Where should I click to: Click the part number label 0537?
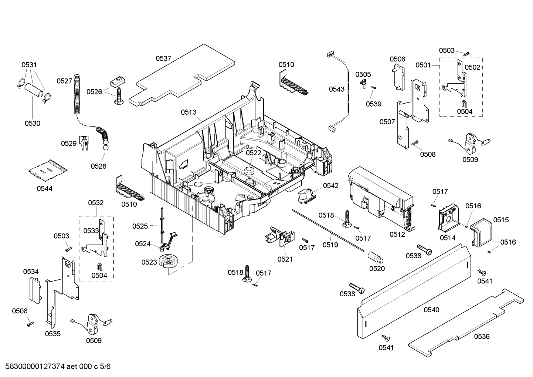[x=163, y=58]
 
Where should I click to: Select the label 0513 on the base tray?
[x=189, y=112]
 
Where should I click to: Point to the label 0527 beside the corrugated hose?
[x=64, y=81]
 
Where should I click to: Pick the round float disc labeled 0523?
[x=168, y=260]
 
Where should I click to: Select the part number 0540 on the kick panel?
[x=431, y=310]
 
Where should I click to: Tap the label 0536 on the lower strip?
[x=482, y=336]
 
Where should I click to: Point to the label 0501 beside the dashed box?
[x=423, y=65]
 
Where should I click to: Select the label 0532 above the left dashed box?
[x=96, y=203]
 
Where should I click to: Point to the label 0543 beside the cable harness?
[x=337, y=89]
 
